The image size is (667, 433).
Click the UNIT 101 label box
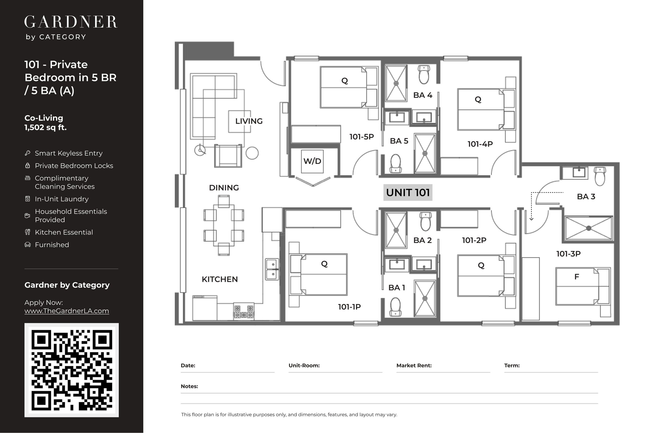(408, 193)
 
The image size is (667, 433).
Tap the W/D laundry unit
(312, 162)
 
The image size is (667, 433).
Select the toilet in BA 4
(424, 74)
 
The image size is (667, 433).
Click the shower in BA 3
(588, 228)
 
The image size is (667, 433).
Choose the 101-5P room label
(362, 137)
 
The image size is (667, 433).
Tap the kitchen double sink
(272, 269)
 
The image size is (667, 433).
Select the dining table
(224, 225)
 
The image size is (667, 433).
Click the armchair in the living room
(228, 156)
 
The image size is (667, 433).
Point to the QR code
(72, 370)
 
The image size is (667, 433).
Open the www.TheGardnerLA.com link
(67, 311)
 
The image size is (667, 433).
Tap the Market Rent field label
(414, 365)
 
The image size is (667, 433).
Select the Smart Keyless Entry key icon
(28, 153)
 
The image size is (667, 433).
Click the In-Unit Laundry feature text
(62, 199)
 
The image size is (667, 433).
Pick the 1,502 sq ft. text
(46, 128)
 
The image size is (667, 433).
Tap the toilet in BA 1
(395, 307)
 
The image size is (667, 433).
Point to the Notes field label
(190, 386)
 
